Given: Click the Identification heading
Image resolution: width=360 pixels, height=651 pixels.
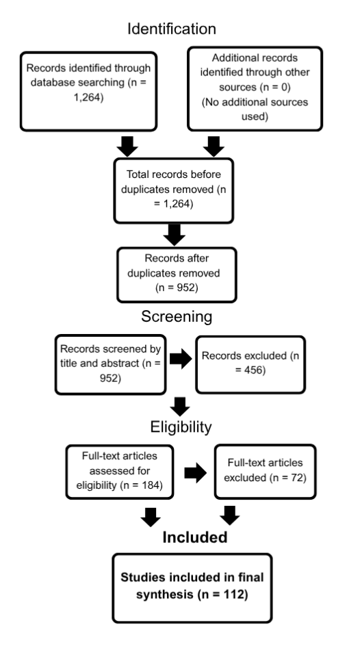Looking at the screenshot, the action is (x=172, y=29).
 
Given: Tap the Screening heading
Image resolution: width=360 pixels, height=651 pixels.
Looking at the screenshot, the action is (x=177, y=316).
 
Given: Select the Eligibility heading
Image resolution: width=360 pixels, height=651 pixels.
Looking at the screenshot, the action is (x=181, y=426).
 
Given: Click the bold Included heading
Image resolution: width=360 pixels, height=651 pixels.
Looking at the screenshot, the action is (x=195, y=537).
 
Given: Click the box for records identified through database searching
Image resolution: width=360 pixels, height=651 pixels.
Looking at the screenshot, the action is (x=88, y=91).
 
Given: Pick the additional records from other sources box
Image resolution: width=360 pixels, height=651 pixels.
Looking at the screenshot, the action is (x=255, y=89).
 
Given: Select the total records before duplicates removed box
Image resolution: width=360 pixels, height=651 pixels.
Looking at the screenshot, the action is (x=174, y=190).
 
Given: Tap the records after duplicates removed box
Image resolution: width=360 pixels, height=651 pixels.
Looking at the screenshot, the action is (x=177, y=275).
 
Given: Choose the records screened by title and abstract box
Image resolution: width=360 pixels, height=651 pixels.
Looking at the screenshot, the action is (x=110, y=365).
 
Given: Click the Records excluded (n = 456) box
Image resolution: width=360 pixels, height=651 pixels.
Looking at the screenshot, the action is (x=250, y=365).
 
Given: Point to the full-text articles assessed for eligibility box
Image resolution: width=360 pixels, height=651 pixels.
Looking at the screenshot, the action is (x=120, y=472).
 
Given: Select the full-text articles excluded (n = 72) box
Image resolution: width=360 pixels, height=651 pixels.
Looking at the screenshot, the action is (x=266, y=472).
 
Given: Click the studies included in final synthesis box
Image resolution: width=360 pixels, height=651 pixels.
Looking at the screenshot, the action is (x=192, y=588).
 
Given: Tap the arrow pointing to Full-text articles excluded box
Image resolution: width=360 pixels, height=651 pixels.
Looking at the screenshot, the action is (x=195, y=472).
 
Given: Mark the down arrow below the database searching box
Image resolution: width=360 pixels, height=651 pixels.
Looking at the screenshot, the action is (x=127, y=146).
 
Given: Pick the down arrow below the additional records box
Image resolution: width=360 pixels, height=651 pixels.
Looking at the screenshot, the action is (x=214, y=146).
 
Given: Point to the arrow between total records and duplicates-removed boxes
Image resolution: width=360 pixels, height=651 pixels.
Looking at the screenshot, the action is (x=175, y=235).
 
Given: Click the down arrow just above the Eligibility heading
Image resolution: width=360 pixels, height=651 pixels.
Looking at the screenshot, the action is (x=180, y=407).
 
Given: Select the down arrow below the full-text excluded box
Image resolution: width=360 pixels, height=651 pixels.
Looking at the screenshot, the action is (x=229, y=515).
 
